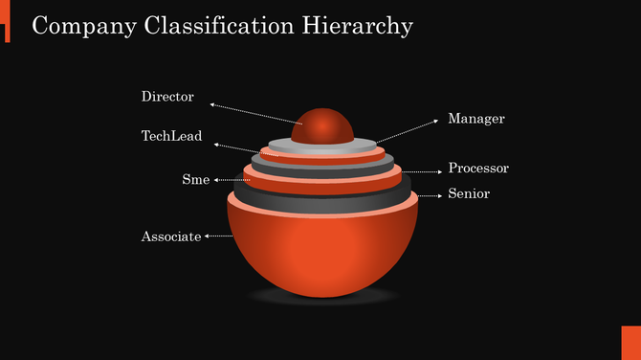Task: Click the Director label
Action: pos(167,97)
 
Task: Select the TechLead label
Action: pos(171,136)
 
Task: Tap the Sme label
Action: pos(195,179)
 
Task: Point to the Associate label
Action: pos(171,236)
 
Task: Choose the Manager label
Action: pos(475,119)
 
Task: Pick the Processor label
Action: pos(478,169)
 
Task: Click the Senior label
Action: pos(469,193)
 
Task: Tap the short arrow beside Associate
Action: pos(219,236)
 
